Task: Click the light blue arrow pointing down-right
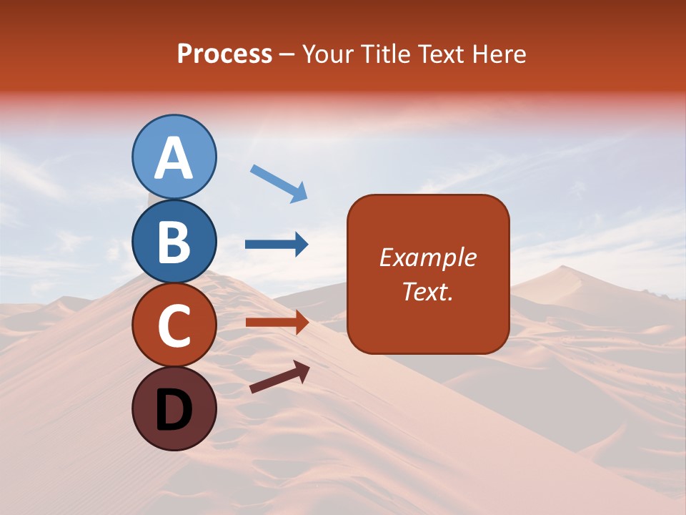pos(279,183)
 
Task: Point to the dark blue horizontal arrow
pos(277,245)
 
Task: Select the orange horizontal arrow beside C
pos(277,323)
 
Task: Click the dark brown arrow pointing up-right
pos(279,377)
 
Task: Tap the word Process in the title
pos(224,54)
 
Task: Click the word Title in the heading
pos(384,54)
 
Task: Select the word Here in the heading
pos(500,54)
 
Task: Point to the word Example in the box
pos(428,257)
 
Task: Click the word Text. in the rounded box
pos(428,291)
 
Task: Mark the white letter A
pos(174,158)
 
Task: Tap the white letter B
pos(174,242)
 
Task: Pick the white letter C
pos(174,326)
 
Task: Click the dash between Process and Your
pos(287,55)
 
